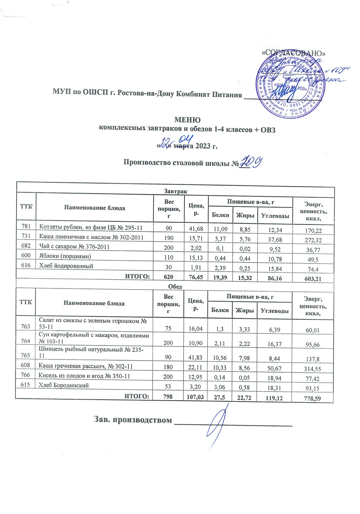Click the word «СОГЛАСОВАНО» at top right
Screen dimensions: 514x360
pos(294,53)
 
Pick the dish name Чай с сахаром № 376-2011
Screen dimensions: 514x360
pos(75,247)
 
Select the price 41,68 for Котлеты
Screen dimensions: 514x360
pos(196,229)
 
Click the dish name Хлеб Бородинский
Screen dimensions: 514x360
pos(64,385)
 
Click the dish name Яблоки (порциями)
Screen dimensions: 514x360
pos(65,256)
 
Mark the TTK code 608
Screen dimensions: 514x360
pos(25,366)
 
